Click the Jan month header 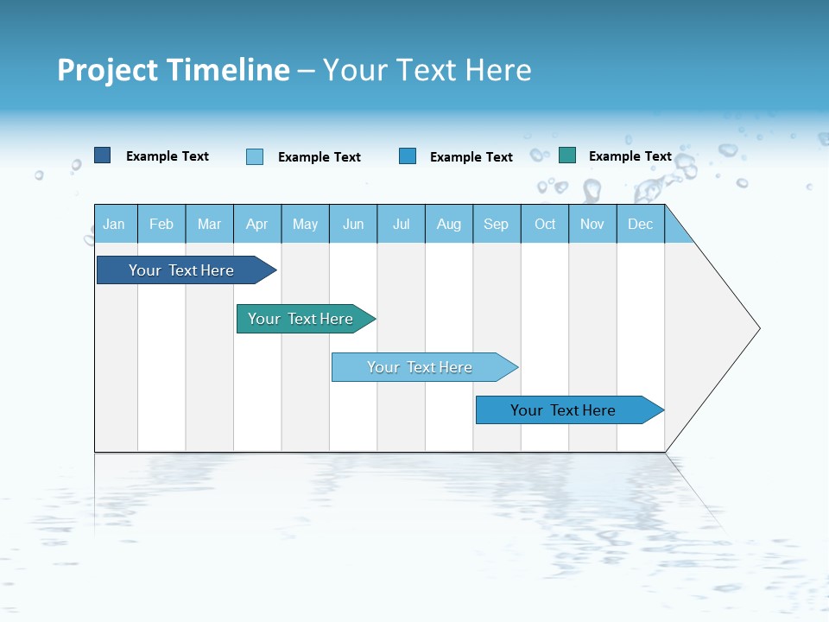(x=114, y=224)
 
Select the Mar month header (x=209, y=224)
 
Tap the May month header (x=305, y=224)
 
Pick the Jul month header (x=401, y=224)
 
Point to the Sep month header (x=496, y=224)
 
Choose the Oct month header (x=545, y=224)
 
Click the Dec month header (x=640, y=224)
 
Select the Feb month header (x=161, y=224)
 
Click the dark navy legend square (x=102, y=155)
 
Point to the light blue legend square (x=255, y=156)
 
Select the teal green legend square (x=567, y=155)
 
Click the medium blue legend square (x=408, y=155)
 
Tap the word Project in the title (x=106, y=70)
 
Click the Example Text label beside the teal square (x=630, y=156)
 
